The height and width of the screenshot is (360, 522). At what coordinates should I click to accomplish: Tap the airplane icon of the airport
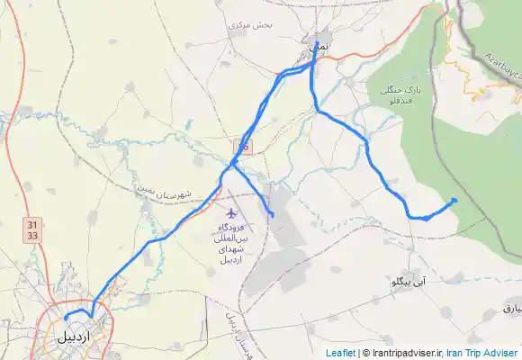tap(232, 213)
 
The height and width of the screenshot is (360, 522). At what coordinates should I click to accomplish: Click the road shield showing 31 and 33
tap(32, 229)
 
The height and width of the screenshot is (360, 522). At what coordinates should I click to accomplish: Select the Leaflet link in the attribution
tap(340, 353)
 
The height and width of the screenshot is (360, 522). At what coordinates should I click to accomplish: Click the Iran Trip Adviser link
tap(481, 353)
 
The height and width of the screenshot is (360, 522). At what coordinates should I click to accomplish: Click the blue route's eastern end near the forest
tap(454, 200)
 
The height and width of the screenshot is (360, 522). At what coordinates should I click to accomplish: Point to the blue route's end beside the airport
tap(271, 214)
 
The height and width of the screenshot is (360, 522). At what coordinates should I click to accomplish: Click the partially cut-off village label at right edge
tap(510, 309)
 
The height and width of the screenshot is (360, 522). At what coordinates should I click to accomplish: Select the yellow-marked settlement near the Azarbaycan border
tap(480, 89)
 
